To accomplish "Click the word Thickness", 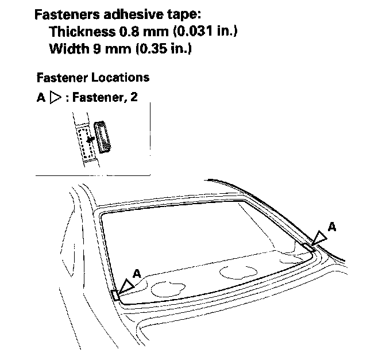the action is (x=81, y=31).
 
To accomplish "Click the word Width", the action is (x=67, y=49).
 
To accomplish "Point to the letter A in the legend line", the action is (x=41, y=98).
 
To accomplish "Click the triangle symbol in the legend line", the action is (x=55, y=98).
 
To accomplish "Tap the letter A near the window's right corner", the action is (x=331, y=227).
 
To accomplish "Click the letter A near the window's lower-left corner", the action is (x=136, y=274).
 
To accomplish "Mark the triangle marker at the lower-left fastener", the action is (x=125, y=285).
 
